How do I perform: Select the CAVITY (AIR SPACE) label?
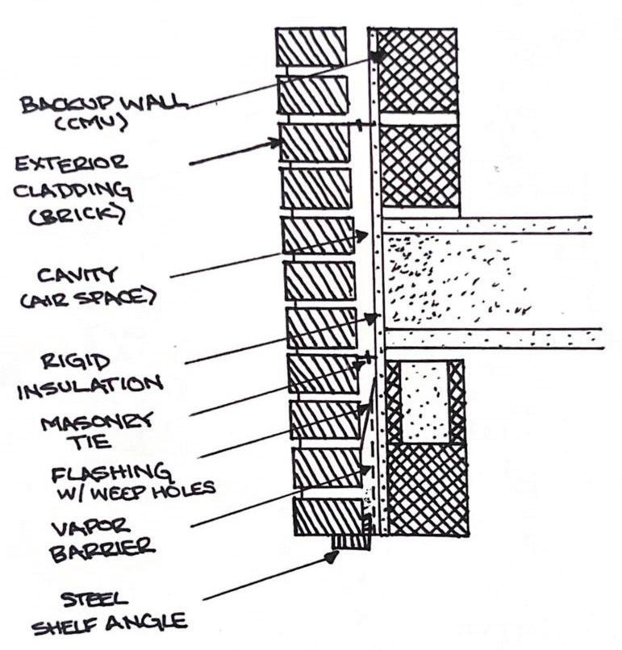pyautogui.click(x=81, y=287)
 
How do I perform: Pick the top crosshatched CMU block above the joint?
pyautogui.click(x=418, y=70)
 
